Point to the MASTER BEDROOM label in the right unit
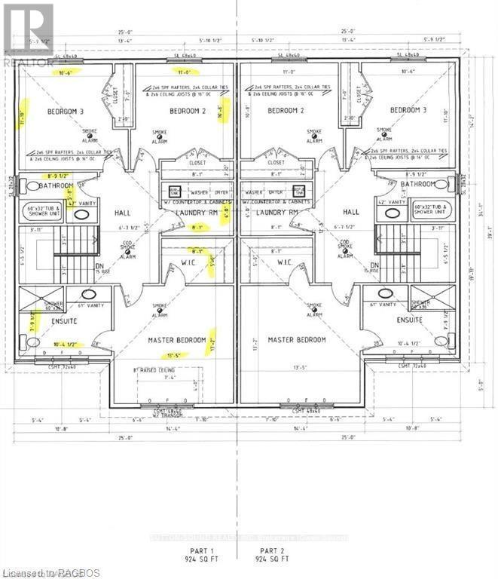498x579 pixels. pos(297,340)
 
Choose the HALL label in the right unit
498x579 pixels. pos(351,213)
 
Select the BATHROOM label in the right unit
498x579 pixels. pos(418,184)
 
